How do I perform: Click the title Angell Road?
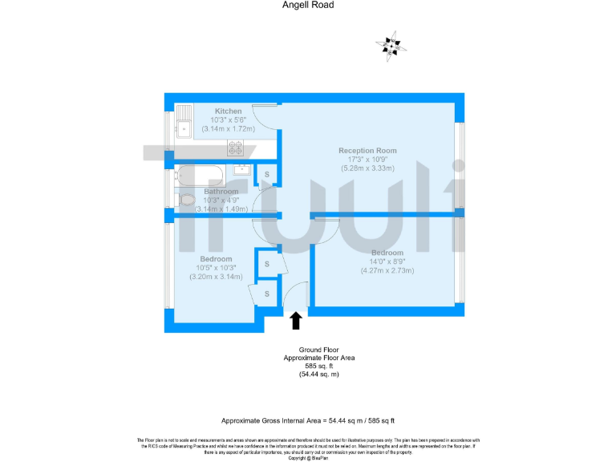308,5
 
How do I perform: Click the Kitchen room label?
228,111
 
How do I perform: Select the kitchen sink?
184,121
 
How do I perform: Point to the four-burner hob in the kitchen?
236,148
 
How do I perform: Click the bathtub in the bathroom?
201,174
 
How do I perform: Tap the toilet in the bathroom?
186,200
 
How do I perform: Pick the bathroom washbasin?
240,169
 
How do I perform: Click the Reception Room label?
367,151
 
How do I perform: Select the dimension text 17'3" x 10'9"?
367,160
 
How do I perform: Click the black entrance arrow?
296,321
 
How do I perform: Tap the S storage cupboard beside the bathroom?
267,174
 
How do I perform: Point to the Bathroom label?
221,192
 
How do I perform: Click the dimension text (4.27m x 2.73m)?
387,270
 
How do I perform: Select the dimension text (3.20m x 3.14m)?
217,277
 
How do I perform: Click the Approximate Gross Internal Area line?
308,420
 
